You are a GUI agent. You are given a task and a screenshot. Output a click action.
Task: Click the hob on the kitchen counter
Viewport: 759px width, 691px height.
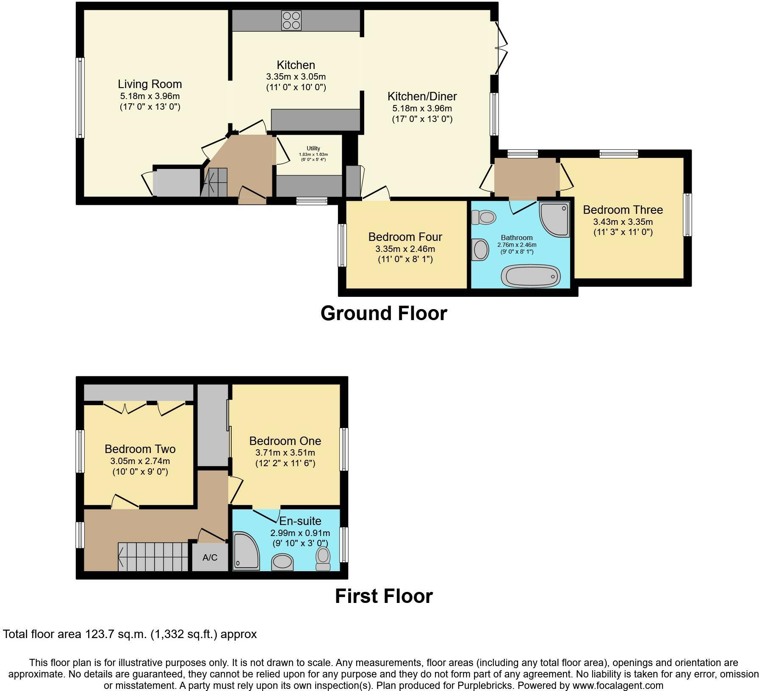tap(291, 20)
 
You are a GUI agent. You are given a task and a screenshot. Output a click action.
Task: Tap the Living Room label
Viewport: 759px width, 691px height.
tap(150, 84)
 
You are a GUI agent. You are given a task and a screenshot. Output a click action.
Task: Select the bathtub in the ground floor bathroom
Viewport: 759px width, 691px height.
tap(530, 276)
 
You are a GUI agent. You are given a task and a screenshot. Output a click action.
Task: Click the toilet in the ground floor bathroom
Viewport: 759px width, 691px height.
tap(483, 218)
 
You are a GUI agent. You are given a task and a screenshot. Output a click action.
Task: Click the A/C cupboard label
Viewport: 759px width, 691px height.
tap(210, 558)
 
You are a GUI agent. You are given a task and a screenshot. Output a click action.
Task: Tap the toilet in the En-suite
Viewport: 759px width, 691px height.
tap(323, 558)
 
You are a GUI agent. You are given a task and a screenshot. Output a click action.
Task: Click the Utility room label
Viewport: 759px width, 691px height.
tap(313, 149)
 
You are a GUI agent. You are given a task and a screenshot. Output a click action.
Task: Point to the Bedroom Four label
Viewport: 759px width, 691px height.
tap(405, 237)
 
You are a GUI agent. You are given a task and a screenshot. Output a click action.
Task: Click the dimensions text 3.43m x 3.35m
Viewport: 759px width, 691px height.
tap(623, 222)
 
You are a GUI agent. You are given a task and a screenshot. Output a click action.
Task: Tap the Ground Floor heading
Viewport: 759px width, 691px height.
tap(383, 314)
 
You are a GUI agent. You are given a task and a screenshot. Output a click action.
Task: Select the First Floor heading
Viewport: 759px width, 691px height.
tap(383, 596)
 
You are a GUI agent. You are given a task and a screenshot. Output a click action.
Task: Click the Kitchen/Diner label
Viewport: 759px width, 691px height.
tap(422, 97)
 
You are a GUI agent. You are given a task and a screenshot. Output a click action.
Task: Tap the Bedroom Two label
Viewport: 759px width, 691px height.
tap(140, 449)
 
